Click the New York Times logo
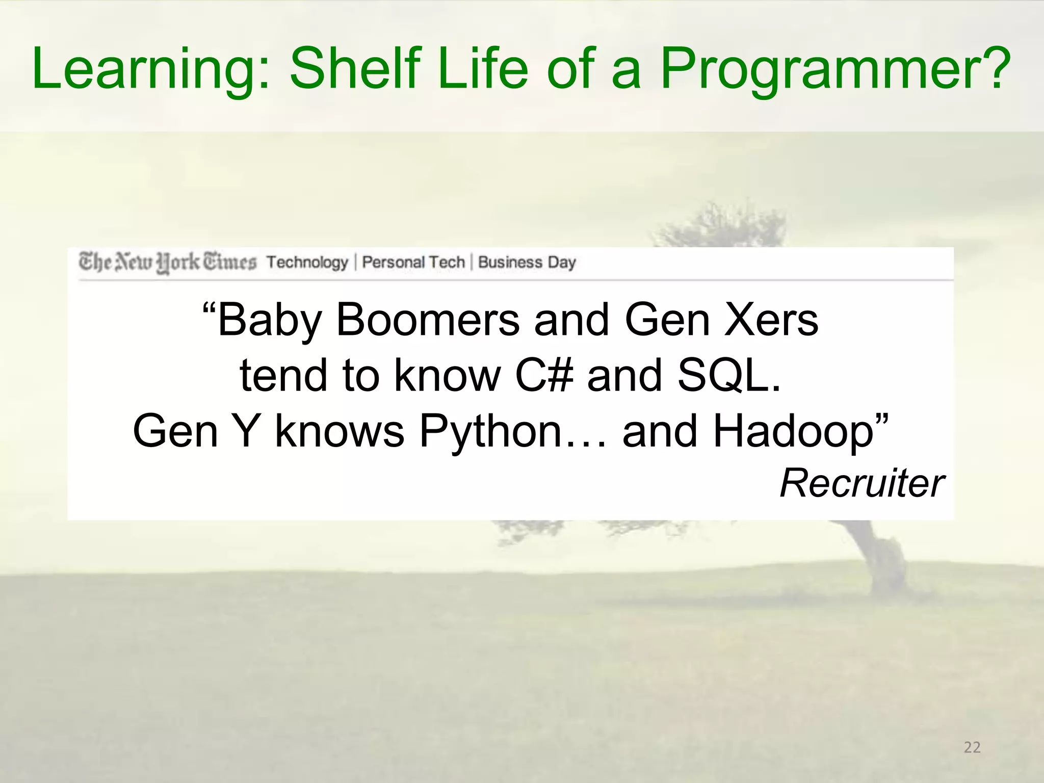[x=167, y=262]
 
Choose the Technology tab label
[x=307, y=262]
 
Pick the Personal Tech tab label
[x=413, y=262]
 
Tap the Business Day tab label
[x=527, y=262]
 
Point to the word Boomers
[x=427, y=320]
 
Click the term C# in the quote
[x=543, y=375]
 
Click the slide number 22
[x=972, y=747]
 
